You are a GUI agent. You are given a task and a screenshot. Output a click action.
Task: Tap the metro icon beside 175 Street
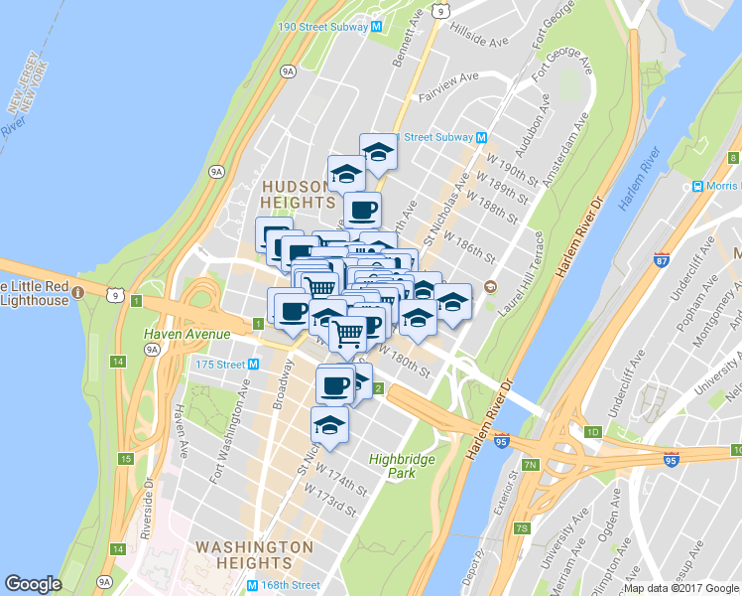[x=253, y=365]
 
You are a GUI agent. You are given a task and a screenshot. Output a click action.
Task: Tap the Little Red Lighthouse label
[x=36, y=294]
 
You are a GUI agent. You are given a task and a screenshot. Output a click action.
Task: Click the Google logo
[x=33, y=584]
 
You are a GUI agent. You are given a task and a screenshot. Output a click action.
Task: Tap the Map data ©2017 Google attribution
[x=680, y=588]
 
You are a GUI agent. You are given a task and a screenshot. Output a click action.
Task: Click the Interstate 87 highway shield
[x=662, y=261]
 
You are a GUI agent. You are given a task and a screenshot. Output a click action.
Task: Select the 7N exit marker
[x=530, y=464]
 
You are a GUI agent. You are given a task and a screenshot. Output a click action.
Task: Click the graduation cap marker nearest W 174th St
[x=329, y=424]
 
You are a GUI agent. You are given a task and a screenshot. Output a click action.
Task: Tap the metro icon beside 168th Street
[x=253, y=586]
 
